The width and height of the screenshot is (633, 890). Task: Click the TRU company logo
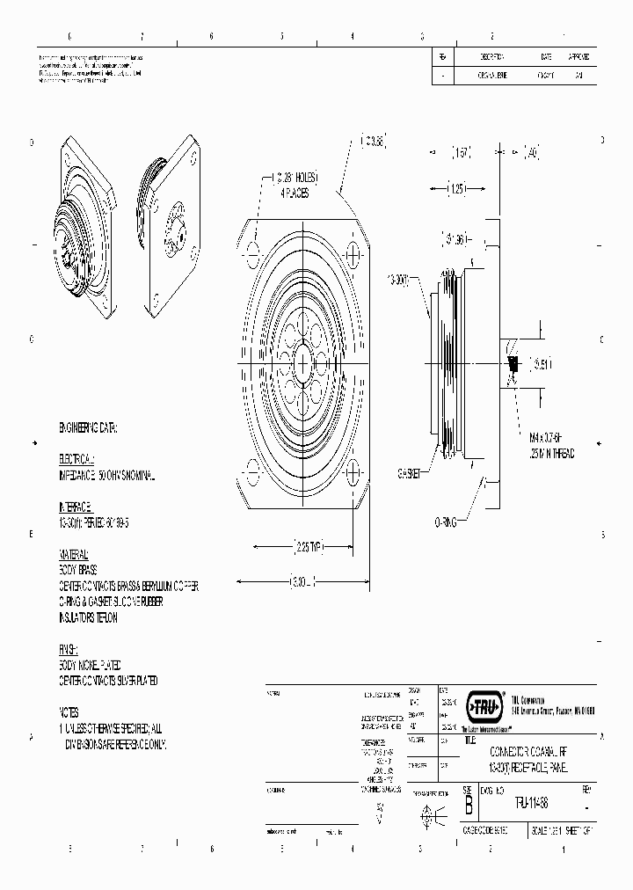click(484, 704)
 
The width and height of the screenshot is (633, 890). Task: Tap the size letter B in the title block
click(469, 803)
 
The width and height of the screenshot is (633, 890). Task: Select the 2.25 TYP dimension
click(304, 548)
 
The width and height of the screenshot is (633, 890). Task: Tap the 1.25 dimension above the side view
click(456, 187)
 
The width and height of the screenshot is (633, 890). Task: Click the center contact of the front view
click(302, 362)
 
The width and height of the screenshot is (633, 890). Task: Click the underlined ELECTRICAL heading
click(76, 460)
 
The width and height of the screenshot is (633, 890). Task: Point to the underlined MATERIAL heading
click(74, 555)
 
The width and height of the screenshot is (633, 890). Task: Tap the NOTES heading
click(69, 712)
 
